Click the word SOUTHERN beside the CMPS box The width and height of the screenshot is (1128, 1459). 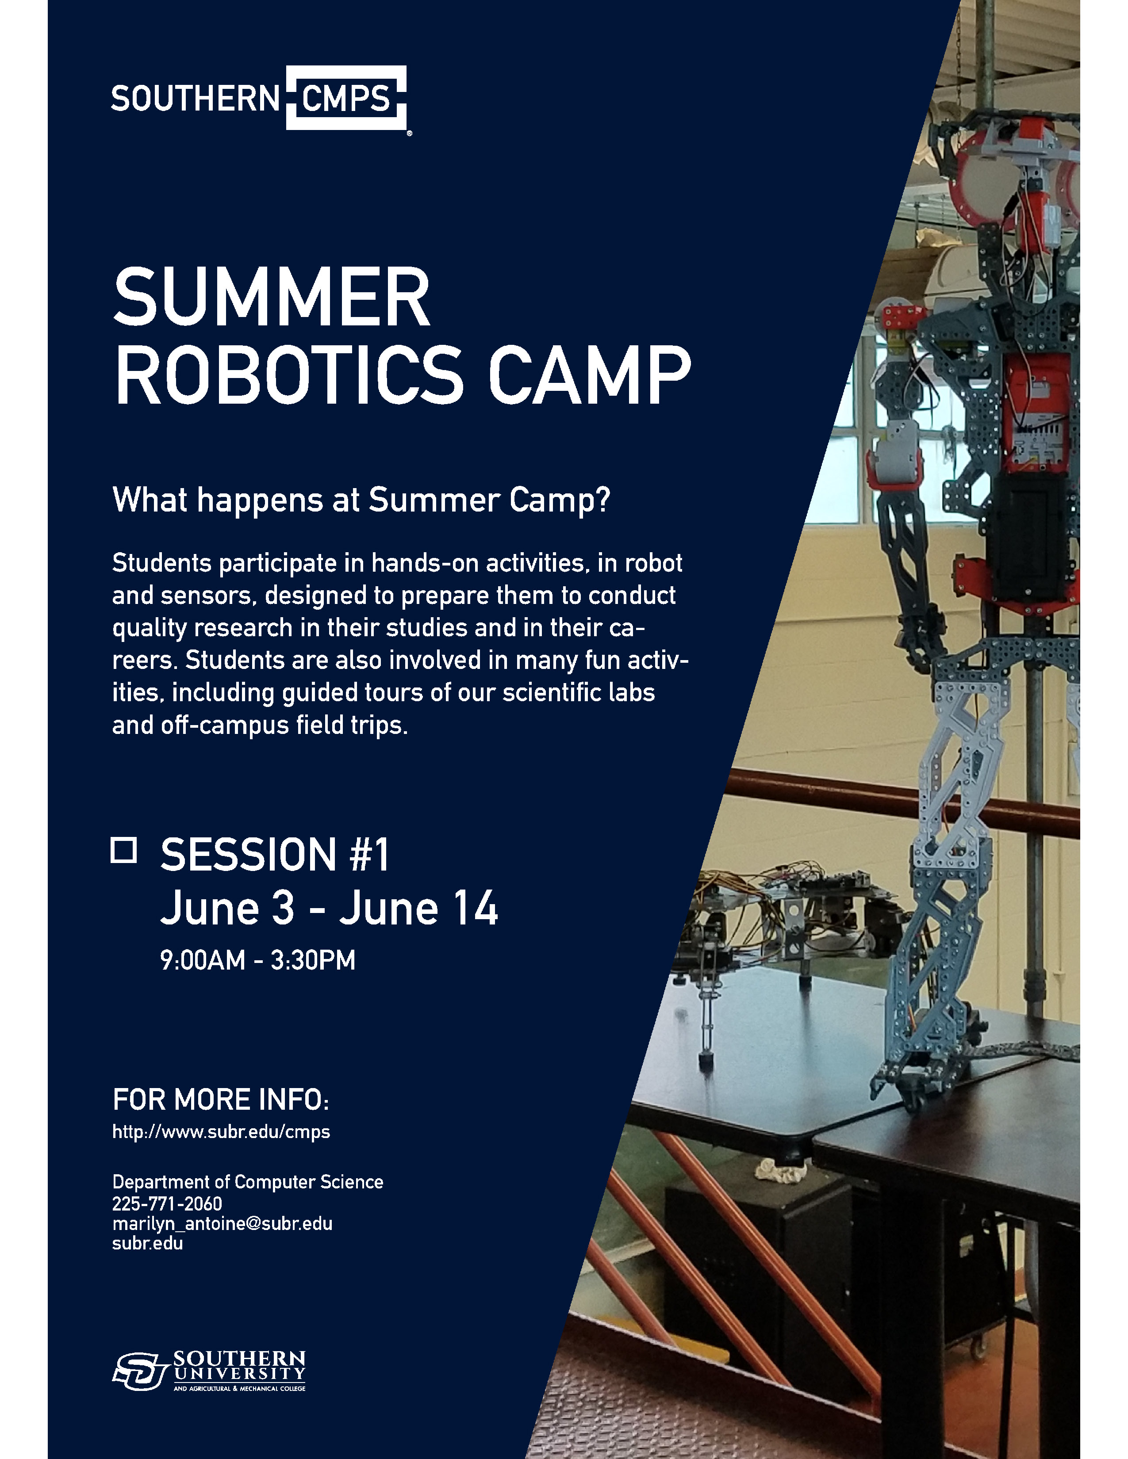(195, 99)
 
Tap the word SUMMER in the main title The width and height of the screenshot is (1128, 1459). (271, 297)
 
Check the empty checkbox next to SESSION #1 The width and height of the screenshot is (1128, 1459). (123, 850)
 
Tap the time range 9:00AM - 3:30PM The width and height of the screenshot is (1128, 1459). (258, 960)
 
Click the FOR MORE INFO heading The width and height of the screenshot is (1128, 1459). (221, 1100)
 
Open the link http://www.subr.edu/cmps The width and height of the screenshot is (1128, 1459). (221, 1132)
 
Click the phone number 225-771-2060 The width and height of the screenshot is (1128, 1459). (167, 1204)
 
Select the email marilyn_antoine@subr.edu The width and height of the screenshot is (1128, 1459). (223, 1223)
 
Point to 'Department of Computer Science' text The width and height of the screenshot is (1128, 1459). (248, 1182)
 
